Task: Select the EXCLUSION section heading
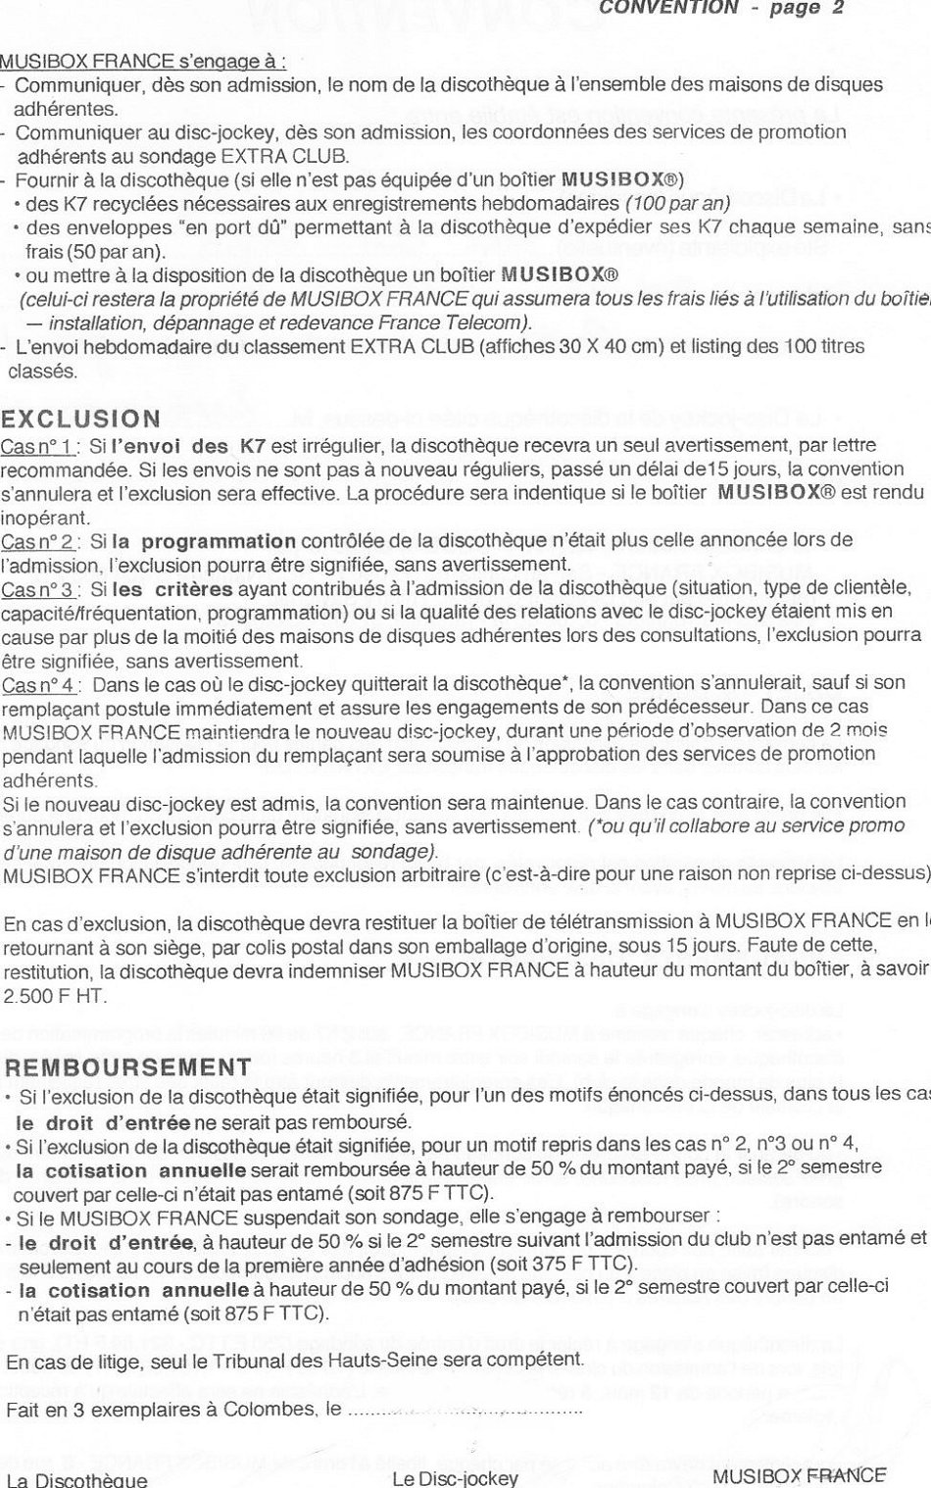pos(81,420)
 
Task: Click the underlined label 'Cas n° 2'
pos(38,541)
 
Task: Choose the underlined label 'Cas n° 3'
pos(38,589)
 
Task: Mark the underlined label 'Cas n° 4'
pos(39,683)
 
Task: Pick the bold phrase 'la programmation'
pos(203,541)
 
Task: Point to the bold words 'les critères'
pos(172,589)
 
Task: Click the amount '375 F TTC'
pos(588,1263)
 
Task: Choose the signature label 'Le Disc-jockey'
pos(455,1478)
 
